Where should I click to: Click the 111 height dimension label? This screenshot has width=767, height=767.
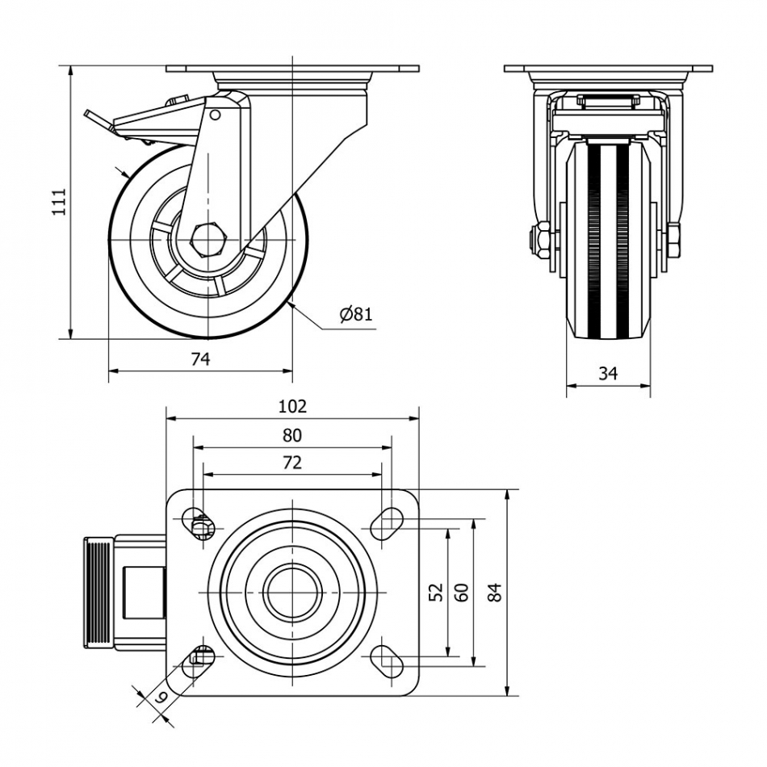point(57,202)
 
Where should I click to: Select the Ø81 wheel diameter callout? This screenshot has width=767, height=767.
point(356,314)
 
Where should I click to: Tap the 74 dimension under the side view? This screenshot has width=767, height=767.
point(200,358)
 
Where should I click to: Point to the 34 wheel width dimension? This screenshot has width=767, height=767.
point(608,373)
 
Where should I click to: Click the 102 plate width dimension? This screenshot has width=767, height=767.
point(292,406)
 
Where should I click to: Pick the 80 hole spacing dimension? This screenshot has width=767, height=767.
point(292,436)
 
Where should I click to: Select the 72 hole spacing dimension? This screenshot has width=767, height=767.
point(292,463)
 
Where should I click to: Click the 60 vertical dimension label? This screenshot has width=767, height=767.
point(463,592)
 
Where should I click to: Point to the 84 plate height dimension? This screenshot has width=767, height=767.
point(496,592)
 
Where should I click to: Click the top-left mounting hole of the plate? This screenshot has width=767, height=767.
point(197,522)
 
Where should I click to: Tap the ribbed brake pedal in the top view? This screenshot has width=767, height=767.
point(98,592)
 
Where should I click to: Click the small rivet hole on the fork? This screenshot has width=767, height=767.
point(215,115)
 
